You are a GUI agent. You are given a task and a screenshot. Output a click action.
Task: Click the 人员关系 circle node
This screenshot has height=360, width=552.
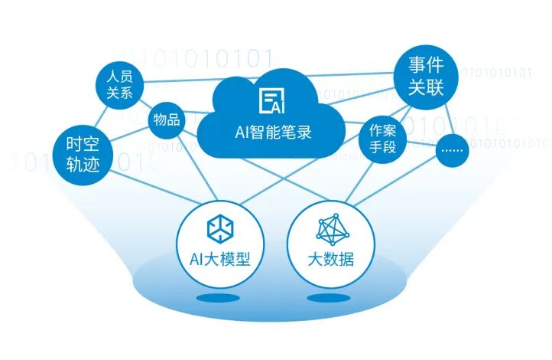click(x=121, y=84)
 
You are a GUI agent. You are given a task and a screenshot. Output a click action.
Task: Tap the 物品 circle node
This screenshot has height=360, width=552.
click(x=167, y=120)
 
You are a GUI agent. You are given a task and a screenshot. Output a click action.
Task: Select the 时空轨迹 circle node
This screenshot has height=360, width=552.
click(x=83, y=154)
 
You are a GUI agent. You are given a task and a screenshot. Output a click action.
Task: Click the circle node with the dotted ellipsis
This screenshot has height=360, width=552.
click(x=453, y=150)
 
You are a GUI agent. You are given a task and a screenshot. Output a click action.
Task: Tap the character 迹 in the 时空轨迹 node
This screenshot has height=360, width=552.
click(x=93, y=165)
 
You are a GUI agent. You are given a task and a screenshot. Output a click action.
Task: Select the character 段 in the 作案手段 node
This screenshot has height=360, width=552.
click(x=390, y=146)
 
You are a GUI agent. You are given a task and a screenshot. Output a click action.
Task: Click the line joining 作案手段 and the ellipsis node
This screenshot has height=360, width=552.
click(x=418, y=143)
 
